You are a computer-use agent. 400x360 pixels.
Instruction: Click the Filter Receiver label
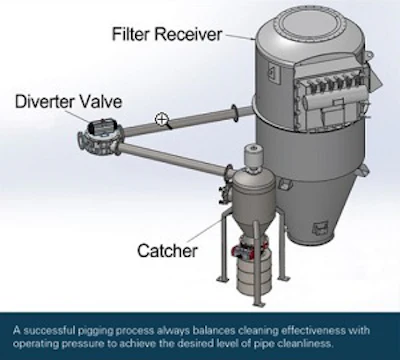[167, 34]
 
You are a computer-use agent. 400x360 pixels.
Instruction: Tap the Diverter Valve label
[68, 101]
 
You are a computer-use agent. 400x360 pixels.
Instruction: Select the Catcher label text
[167, 250]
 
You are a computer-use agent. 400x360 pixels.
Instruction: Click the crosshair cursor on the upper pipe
[162, 119]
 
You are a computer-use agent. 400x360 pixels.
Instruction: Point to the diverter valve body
[99, 139]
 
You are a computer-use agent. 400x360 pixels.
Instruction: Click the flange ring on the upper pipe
[235, 113]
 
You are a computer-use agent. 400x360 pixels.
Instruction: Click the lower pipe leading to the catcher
[174, 159]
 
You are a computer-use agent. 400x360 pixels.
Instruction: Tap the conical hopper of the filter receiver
[312, 210]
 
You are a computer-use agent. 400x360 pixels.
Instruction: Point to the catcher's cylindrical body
[254, 197]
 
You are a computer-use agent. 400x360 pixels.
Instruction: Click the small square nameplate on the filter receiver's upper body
[272, 72]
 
